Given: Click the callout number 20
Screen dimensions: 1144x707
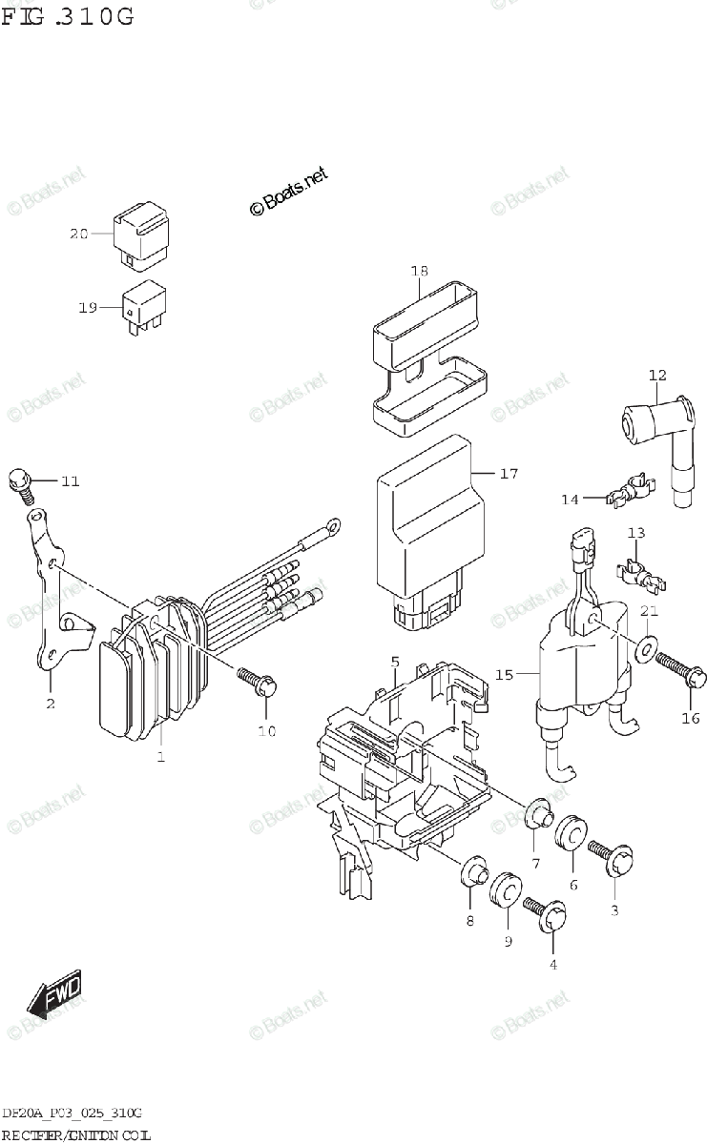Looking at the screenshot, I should tap(78, 234).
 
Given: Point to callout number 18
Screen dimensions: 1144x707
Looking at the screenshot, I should tap(419, 272).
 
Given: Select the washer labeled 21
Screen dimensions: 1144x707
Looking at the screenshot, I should tap(645, 649).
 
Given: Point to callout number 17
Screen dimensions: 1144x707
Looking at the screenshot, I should tap(509, 473).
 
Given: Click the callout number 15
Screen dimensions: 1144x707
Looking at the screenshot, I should tap(504, 675).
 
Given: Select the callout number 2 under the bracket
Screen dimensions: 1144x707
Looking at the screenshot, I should tap(50, 704).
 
